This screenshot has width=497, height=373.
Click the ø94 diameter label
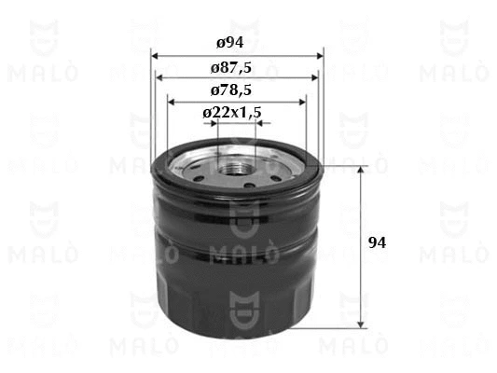pos(230,43)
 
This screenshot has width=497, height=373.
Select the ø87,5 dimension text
pos(231,68)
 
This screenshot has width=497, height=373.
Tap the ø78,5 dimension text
pos(231,90)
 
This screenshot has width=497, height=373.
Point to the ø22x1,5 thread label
pos(232,113)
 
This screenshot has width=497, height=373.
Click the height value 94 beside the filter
pos(378,243)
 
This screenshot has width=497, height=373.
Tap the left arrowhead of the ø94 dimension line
pos(155,56)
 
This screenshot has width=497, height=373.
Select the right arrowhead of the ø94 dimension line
pos(320,56)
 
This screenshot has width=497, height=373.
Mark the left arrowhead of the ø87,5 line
pos(159,78)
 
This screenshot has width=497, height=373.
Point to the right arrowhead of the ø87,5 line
pos(315,78)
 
